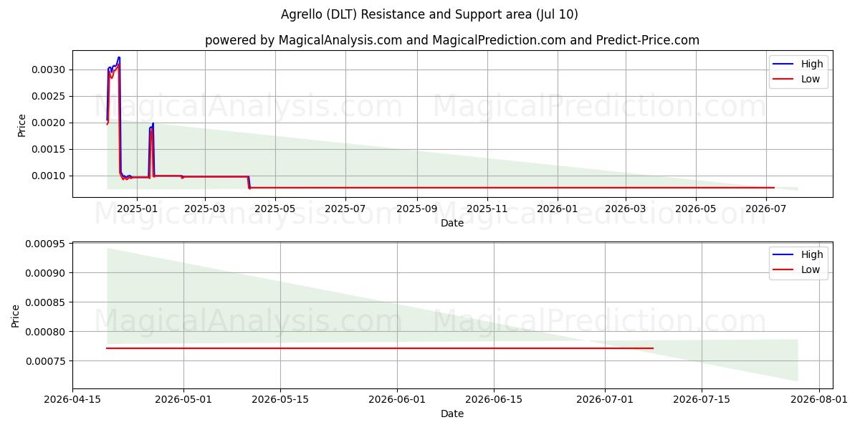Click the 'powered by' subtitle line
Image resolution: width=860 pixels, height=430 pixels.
[x=452, y=40]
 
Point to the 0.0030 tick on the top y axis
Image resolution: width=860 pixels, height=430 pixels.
[x=49, y=70]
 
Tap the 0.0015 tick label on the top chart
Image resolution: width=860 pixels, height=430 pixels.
[x=49, y=149]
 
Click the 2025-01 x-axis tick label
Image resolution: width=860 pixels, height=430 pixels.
[x=137, y=209]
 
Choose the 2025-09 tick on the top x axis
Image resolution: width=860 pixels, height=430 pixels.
[x=417, y=209]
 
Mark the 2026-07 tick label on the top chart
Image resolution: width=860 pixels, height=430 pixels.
[x=766, y=209]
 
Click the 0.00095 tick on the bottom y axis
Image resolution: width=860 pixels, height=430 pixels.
[x=45, y=244]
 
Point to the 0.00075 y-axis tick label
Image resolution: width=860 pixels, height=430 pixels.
[x=45, y=361]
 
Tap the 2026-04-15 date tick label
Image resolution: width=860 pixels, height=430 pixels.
[x=72, y=400]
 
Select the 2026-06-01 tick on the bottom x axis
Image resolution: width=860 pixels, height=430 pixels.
[x=397, y=400]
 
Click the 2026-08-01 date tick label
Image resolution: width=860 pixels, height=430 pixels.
[x=819, y=400]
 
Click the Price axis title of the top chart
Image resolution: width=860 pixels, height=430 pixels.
[x=22, y=125]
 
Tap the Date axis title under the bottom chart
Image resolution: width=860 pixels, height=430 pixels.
[x=452, y=414]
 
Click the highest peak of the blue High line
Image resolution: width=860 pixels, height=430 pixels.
[x=119, y=57]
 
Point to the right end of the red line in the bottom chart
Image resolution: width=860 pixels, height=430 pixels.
[x=653, y=348]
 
